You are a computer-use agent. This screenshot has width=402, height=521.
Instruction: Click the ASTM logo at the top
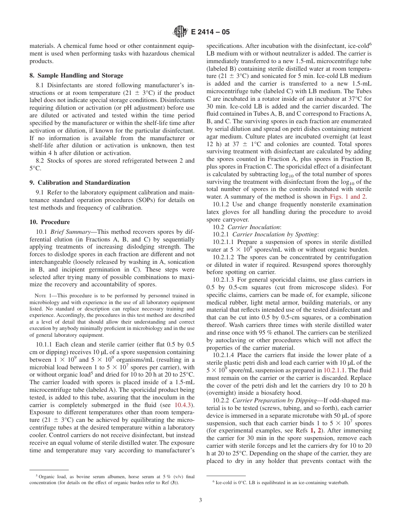coord(180,32)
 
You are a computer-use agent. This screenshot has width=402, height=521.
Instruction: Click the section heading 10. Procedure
coord(50,222)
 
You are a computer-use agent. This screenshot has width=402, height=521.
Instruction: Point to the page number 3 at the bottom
coord(201,500)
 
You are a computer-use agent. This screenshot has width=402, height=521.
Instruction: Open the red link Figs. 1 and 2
coord(348,197)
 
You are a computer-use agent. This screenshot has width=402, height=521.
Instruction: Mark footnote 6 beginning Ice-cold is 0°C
coord(279,482)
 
